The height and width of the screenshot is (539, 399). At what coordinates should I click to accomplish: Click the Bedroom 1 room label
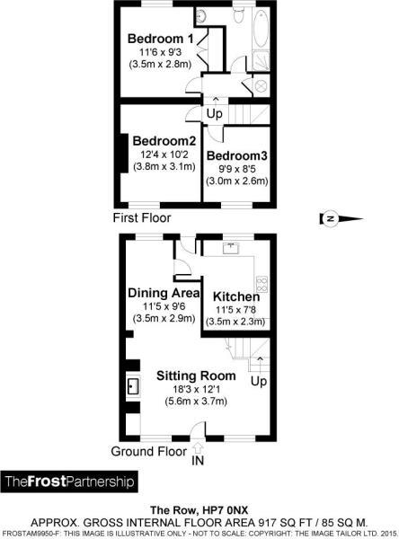(x=160, y=39)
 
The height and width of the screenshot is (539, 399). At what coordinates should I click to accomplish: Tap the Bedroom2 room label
(x=164, y=141)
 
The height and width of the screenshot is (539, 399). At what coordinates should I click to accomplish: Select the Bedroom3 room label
(x=236, y=155)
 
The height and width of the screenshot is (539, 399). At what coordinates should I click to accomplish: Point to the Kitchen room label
(x=236, y=296)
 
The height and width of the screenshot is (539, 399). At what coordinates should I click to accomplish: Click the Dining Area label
(x=164, y=293)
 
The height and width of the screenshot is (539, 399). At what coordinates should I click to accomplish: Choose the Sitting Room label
(x=196, y=376)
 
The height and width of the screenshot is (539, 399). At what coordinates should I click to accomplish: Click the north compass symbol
(x=341, y=218)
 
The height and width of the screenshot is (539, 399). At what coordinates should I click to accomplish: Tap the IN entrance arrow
(x=198, y=448)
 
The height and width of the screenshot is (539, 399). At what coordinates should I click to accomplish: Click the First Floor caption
(x=142, y=218)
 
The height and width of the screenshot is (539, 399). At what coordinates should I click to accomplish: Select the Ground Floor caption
(x=149, y=451)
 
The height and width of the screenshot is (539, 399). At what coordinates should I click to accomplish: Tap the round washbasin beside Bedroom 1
(x=200, y=15)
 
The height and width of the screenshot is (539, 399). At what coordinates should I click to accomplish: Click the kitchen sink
(x=231, y=248)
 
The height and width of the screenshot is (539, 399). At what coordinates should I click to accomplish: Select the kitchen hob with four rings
(x=262, y=284)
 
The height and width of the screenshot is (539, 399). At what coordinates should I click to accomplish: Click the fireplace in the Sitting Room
(x=133, y=386)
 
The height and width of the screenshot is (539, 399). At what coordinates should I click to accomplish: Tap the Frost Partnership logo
(x=69, y=482)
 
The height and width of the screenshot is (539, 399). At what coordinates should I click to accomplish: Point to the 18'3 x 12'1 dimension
(x=196, y=389)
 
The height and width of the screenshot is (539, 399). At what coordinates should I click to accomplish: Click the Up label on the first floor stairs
(x=215, y=113)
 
